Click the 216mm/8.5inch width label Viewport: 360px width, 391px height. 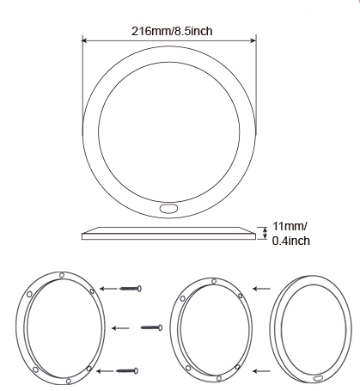tap(172, 31)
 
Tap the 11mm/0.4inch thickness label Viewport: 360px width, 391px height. tap(290, 234)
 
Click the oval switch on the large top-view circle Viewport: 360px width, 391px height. tap(169, 208)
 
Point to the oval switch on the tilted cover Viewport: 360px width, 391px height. tap(318, 379)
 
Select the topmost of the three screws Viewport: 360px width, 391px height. tap(131, 288)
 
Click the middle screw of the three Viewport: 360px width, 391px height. tap(151, 327)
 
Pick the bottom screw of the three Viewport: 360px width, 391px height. tap(127, 370)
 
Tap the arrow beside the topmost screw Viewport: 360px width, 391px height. tap(108, 289)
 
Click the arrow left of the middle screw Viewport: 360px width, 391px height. tap(120, 328)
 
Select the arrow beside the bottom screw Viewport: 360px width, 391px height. tap(105, 371)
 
